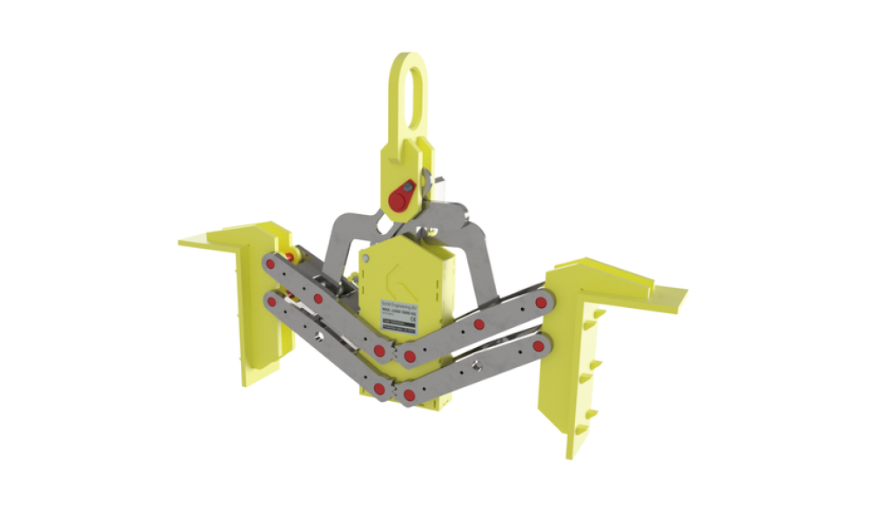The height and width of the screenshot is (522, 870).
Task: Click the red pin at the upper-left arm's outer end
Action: [272, 263]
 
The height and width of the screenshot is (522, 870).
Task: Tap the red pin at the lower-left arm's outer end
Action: [272, 302]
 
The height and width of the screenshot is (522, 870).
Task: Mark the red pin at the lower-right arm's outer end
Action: [537, 347]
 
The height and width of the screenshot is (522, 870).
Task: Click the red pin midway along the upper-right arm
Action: [478, 325]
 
